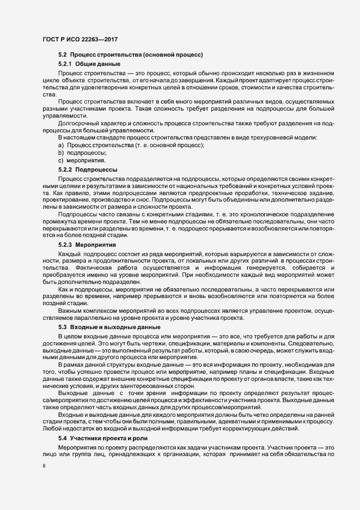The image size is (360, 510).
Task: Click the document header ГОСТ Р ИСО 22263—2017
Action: tap(80, 39)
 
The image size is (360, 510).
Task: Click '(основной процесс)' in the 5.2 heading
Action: tap(173, 54)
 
